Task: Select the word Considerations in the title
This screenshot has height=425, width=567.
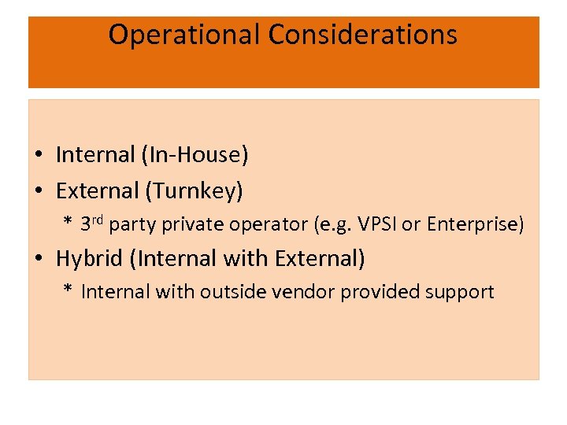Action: (x=362, y=35)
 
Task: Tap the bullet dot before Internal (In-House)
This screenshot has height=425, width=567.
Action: (x=39, y=156)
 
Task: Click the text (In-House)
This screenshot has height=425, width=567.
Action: (x=195, y=155)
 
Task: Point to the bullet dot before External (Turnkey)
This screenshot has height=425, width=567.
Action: (x=39, y=191)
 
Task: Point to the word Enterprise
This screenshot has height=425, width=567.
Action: (x=474, y=225)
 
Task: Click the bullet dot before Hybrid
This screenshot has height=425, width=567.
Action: (x=39, y=259)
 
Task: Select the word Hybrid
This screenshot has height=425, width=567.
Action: (x=87, y=258)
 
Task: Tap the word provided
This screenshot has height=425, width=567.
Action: (x=372, y=292)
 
